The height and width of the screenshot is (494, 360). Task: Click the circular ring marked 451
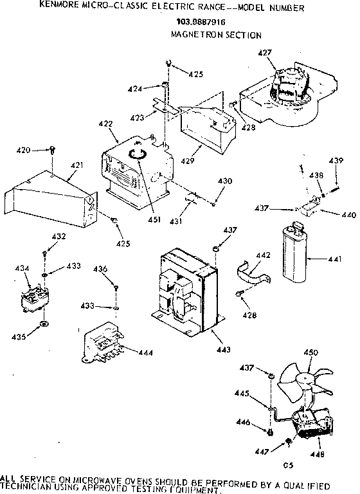click(137, 155)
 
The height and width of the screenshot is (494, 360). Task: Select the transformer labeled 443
click(185, 287)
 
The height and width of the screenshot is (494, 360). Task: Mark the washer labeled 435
click(42, 323)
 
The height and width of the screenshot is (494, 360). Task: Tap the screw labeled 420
click(51, 152)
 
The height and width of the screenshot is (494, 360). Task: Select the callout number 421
click(76, 165)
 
